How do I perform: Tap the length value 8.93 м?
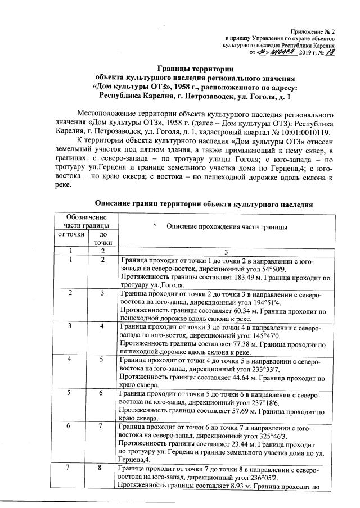click(225, 485)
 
